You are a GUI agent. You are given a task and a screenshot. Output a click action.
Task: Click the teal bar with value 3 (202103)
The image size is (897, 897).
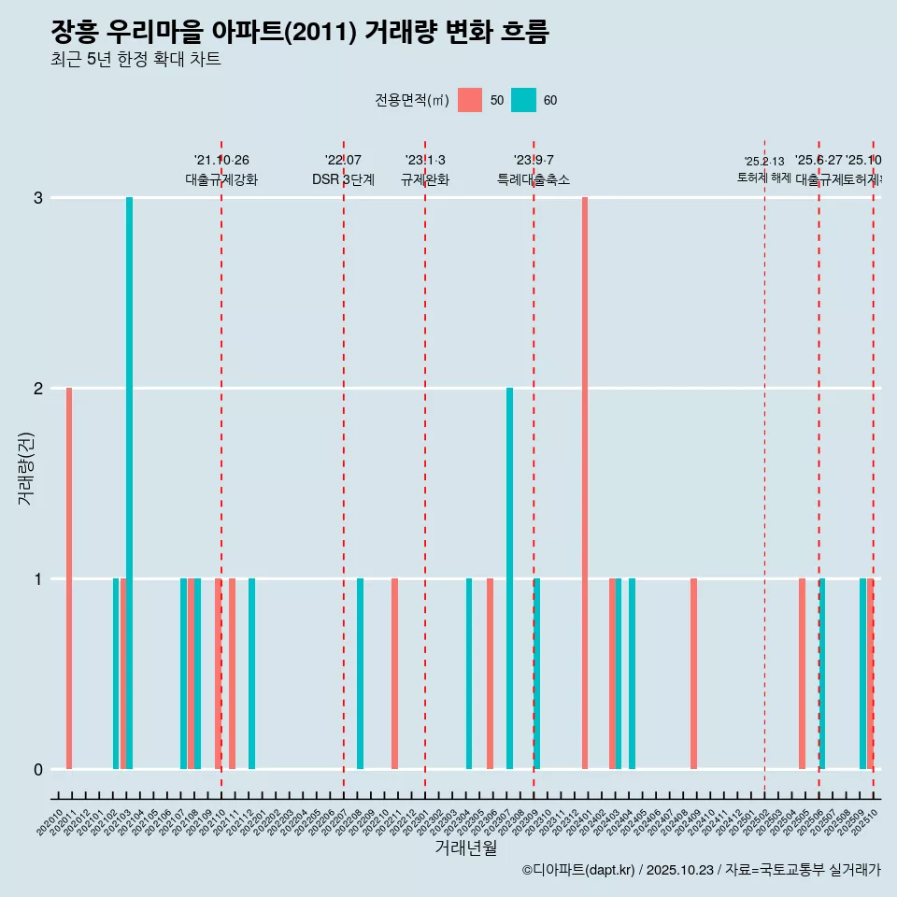tap(129, 483)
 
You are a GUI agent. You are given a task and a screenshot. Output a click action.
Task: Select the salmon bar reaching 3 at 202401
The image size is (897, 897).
tap(585, 483)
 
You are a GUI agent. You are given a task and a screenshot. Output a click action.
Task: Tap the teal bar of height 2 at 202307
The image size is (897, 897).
tap(509, 578)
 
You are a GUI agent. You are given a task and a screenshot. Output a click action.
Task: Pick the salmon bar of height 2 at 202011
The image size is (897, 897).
tap(69, 578)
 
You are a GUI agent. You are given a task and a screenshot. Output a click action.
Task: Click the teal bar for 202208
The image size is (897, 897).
tap(360, 674)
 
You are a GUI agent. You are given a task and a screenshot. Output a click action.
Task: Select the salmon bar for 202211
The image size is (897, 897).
tap(394, 674)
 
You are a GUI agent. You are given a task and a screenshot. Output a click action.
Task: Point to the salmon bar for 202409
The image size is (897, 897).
tap(693, 674)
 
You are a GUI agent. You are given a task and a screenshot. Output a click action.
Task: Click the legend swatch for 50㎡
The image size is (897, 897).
tap(470, 100)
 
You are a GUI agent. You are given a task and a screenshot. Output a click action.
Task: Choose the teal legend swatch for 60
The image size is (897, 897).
tap(523, 100)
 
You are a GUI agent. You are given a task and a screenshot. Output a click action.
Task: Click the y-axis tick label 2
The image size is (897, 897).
tap(38, 388)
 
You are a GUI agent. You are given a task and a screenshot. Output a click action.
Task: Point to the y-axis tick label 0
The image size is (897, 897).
tap(38, 769)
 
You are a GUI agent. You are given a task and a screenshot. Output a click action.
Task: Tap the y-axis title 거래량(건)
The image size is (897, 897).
tap(25, 468)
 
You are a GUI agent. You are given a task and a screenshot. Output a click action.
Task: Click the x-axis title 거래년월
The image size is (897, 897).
tap(465, 847)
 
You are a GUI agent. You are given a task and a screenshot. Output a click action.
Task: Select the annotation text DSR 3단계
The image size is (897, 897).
tap(343, 179)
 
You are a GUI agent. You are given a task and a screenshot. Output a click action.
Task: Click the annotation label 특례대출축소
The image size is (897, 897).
tap(534, 179)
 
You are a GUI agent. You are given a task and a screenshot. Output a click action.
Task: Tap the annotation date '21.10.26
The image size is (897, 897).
tap(221, 161)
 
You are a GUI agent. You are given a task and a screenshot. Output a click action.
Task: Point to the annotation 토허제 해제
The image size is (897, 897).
tap(764, 178)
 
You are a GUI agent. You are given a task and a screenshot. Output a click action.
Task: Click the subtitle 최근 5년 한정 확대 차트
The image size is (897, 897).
tap(135, 61)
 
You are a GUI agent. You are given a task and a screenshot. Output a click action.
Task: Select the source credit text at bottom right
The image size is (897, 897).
tap(701, 870)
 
